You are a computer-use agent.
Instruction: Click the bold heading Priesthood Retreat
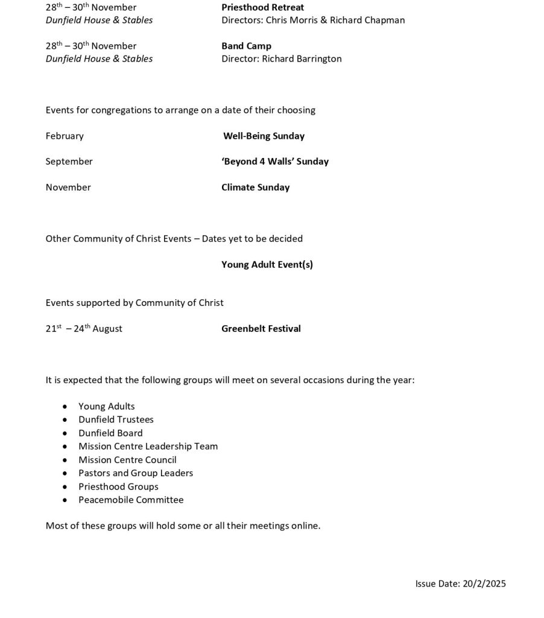click(262, 7)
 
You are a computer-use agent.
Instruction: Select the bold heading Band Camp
click(246, 46)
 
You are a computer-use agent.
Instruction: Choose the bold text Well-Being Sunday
click(264, 136)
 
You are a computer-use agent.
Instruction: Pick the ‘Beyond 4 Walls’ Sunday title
click(275, 161)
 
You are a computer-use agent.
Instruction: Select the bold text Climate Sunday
click(255, 187)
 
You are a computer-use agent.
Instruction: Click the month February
click(65, 136)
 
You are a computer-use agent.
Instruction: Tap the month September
click(69, 161)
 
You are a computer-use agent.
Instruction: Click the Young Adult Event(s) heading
click(267, 264)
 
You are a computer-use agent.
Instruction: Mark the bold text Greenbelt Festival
click(261, 328)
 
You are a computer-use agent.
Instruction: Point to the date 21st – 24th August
click(84, 328)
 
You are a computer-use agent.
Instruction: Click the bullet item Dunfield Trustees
click(116, 419)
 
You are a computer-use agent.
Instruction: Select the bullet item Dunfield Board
click(110, 433)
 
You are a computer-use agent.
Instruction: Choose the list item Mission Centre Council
click(127, 460)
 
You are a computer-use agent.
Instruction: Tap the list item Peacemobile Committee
click(131, 500)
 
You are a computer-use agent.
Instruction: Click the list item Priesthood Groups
click(118, 486)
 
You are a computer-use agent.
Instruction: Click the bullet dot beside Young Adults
click(65, 407)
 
